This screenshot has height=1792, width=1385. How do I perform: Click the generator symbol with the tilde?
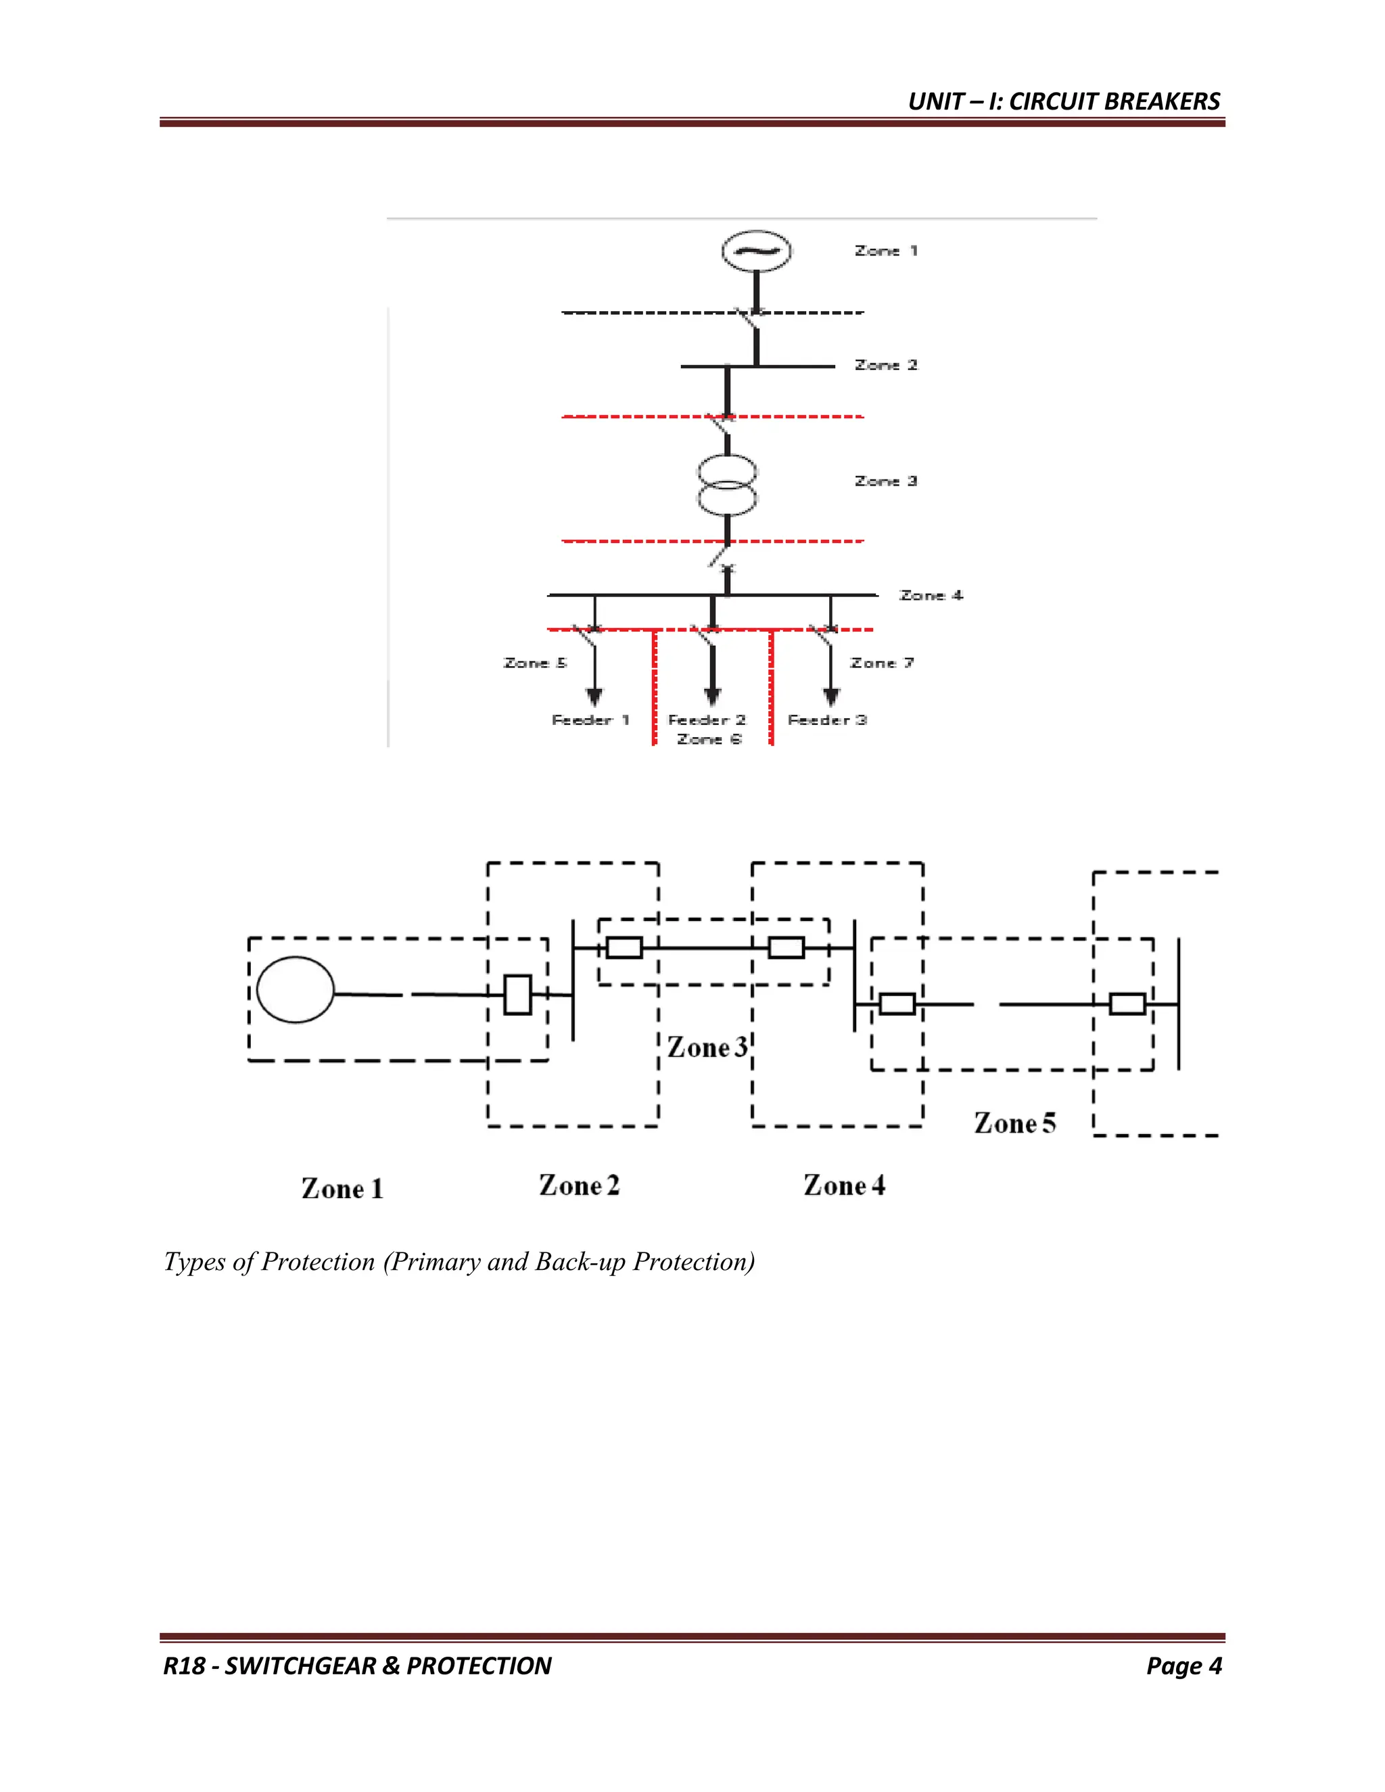click(x=755, y=251)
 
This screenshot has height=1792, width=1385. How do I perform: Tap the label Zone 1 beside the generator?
click(x=885, y=251)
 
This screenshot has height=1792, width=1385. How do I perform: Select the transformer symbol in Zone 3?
click(x=727, y=486)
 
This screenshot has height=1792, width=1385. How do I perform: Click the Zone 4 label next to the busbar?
click(x=931, y=596)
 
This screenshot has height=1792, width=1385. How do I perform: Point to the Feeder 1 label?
click(x=590, y=720)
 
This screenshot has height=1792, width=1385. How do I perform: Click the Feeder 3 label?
click(x=827, y=720)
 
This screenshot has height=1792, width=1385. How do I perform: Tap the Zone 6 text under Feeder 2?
click(x=709, y=740)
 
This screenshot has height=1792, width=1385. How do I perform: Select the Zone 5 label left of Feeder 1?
click(x=535, y=663)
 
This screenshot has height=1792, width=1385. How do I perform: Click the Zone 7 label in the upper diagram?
click(x=882, y=663)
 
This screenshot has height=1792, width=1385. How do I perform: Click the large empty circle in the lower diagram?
click(x=296, y=989)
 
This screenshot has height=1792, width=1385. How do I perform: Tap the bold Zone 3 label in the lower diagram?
click(x=707, y=1047)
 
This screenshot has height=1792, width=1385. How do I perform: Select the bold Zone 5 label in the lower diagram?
click(x=1014, y=1123)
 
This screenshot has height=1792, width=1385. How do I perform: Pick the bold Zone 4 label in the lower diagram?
click(x=844, y=1185)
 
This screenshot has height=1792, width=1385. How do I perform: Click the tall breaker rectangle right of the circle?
click(x=517, y=995)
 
